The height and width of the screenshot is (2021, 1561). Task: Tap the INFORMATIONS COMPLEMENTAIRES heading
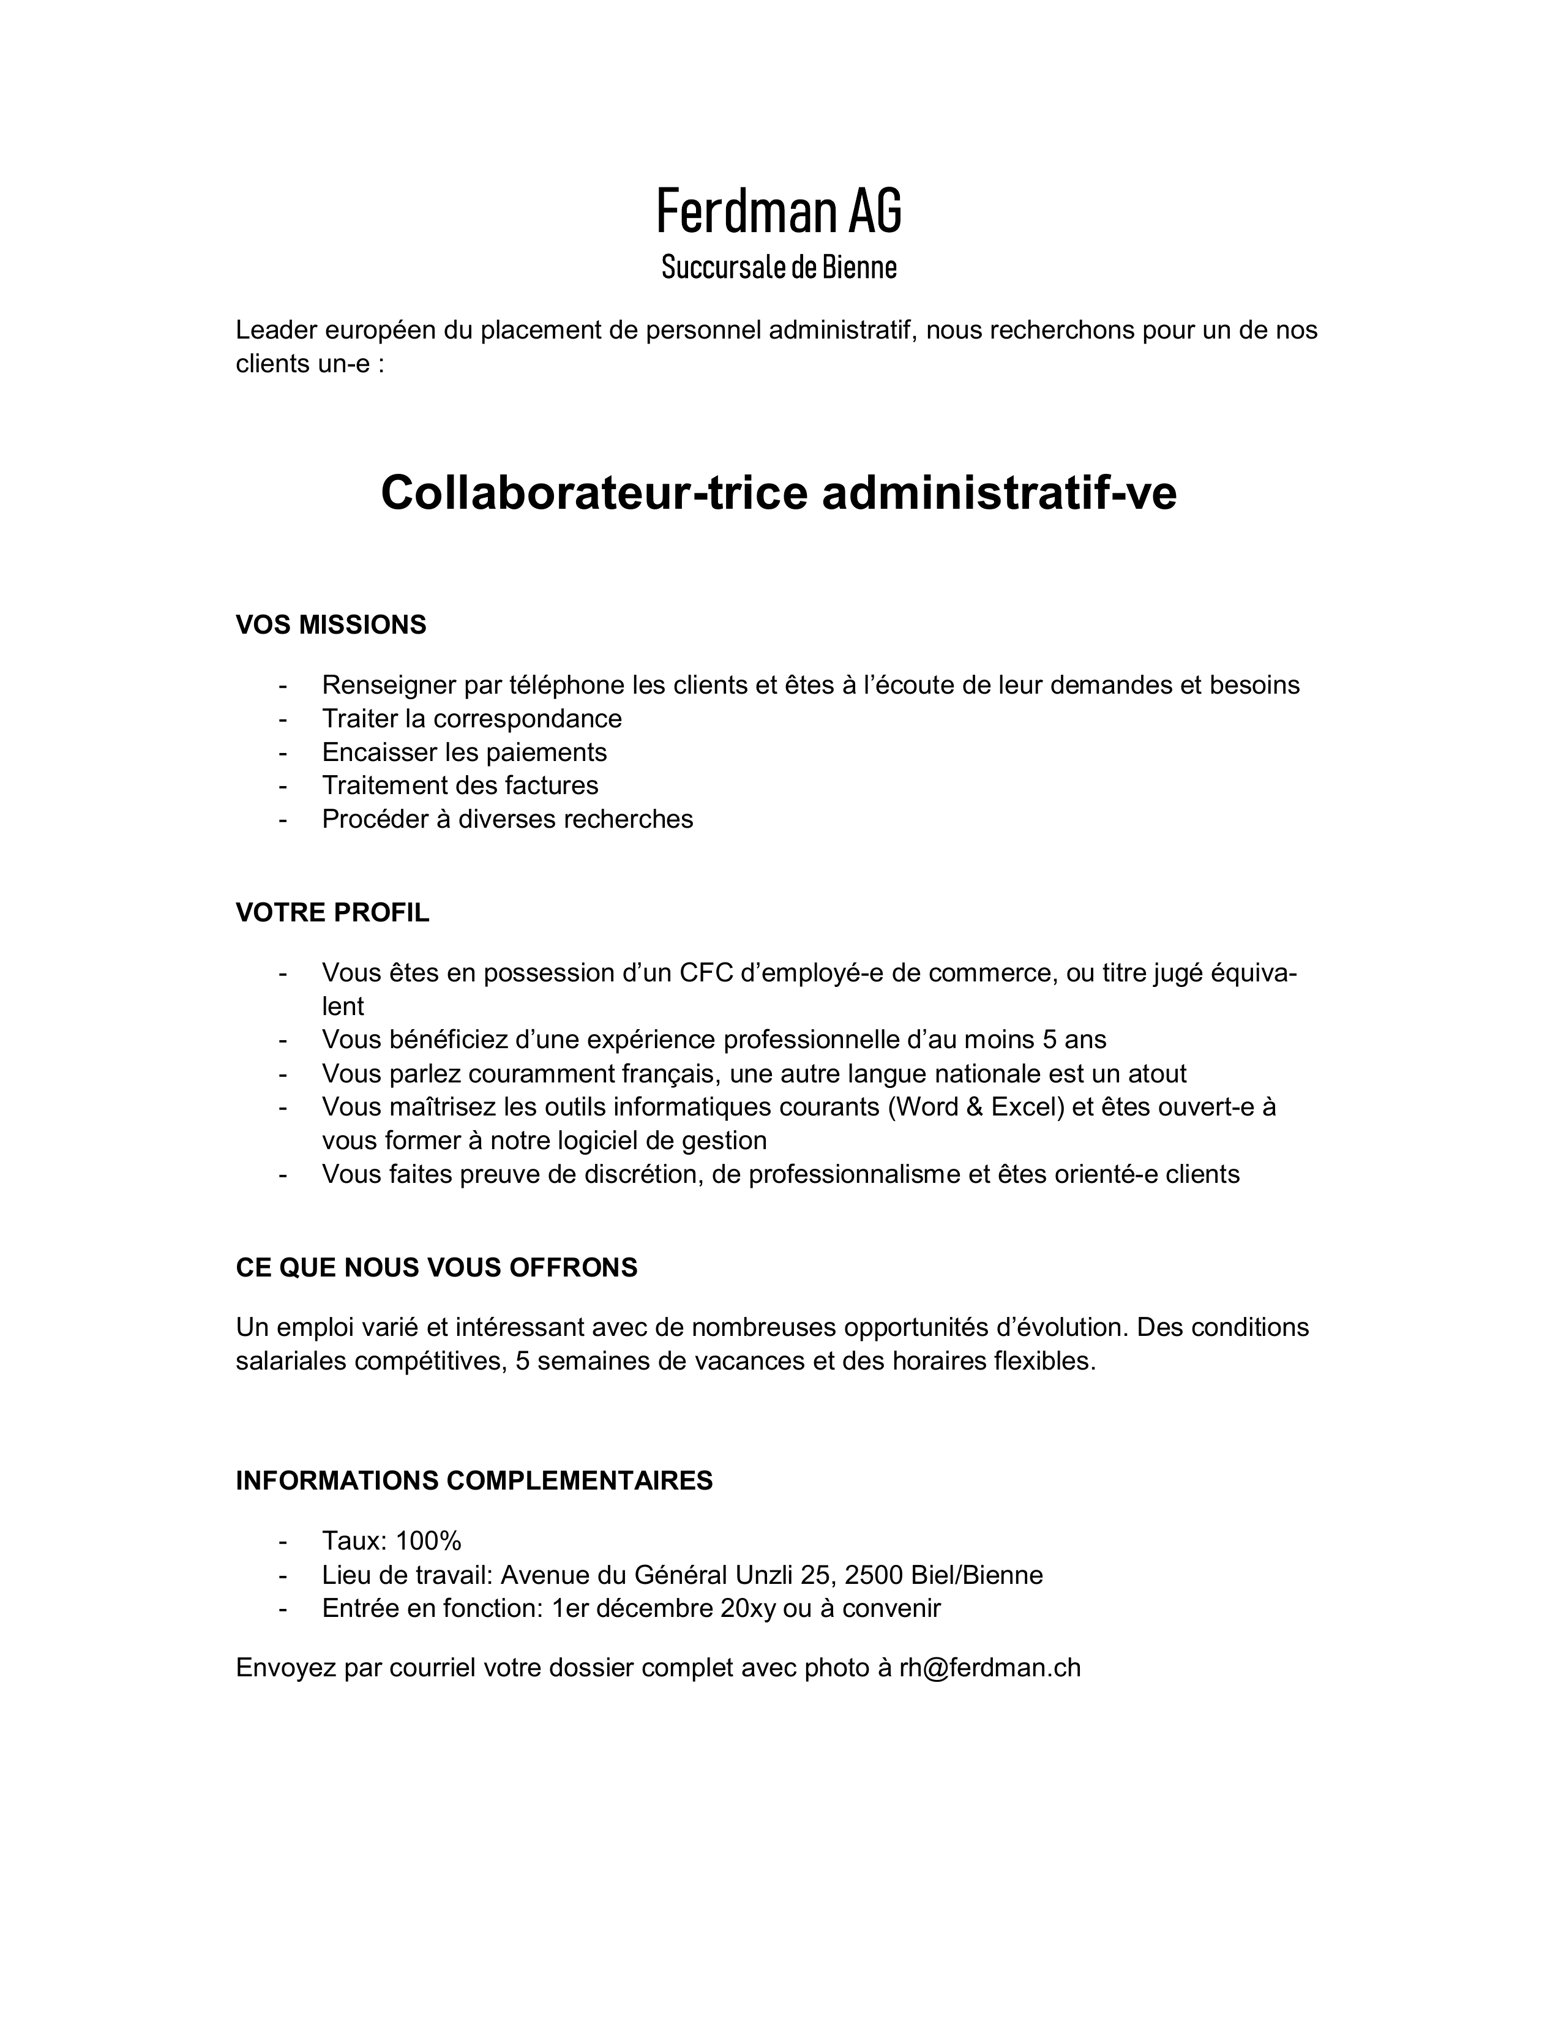tap(474, 1480)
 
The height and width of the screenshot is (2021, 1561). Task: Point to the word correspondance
tap(528, 718)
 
